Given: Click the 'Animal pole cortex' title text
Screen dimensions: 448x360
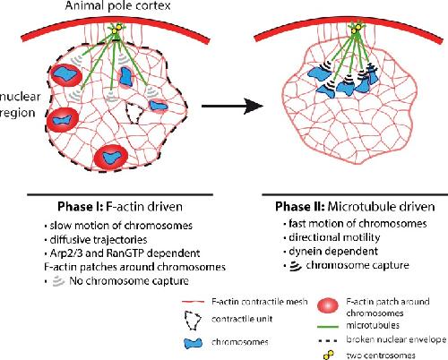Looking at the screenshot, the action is click(117, 5).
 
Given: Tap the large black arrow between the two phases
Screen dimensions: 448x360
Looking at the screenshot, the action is click(232, 106).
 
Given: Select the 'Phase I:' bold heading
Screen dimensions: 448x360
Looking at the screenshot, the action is click(80, 207).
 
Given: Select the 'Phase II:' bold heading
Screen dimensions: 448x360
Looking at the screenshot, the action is click(299, 207).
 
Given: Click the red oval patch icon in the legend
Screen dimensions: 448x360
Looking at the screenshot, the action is click(328, 306).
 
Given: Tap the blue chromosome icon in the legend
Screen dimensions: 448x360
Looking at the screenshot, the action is click(193, 343).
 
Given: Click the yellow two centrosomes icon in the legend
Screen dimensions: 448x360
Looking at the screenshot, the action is click(328, 355).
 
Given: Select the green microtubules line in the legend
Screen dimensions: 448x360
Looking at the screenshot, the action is click(328, 326).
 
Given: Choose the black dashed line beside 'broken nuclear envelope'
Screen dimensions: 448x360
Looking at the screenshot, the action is click(328, 340).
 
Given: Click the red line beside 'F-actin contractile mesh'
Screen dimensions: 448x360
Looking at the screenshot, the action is click(193, 302).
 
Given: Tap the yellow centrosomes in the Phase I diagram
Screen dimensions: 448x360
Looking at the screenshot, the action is click(116, 29).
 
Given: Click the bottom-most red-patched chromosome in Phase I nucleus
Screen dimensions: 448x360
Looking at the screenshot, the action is click(111, 157).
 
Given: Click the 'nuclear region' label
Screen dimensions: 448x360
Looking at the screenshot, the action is click(20, 105).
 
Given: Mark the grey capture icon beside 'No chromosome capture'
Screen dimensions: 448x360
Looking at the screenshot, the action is click(58, 281).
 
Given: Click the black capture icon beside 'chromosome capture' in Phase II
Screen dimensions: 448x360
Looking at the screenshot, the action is click(296, 266).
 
